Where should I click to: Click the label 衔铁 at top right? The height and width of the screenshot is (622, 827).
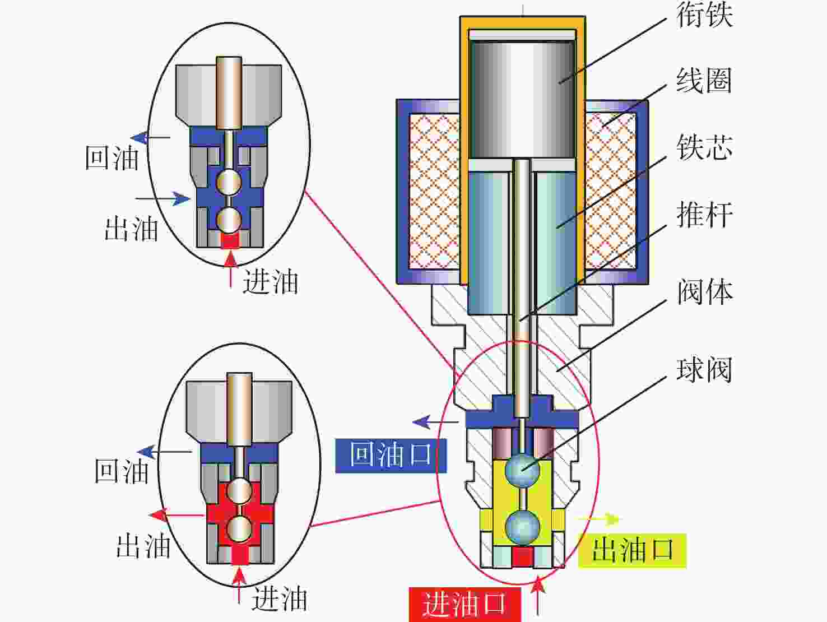pyautogui.click(x=704, y=15)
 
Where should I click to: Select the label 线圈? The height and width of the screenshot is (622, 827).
pyautogui.click(x=704, y=81)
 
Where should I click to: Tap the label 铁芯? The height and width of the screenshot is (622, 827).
pyautogui.click(x=704, y=148)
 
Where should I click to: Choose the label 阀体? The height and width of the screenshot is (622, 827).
pyautogui.click(x=704, y=292)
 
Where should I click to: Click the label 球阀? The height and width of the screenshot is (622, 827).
pyautogui.click(x=704, y=370)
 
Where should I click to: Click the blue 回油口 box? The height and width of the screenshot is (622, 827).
pyautogui.click(x=391, y=455)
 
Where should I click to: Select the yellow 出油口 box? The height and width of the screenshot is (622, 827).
pyautogui.click(x=632, y=550)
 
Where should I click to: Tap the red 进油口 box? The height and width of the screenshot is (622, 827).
pyautogui.click(x=464, y=604)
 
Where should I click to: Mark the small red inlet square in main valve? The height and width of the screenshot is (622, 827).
pyautogui.click(x=522, y=557)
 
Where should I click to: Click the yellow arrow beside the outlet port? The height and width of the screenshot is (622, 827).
pyautogui.click(x=600, y=519)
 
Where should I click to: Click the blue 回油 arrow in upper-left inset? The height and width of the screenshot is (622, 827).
pyautogui.click(x=150, y=137)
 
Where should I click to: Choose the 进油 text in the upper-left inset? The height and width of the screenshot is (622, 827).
pyautogui.click(x=270, y=281)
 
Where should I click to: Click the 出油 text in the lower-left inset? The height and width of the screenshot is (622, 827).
pyautogui.click(x=143, y=545)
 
